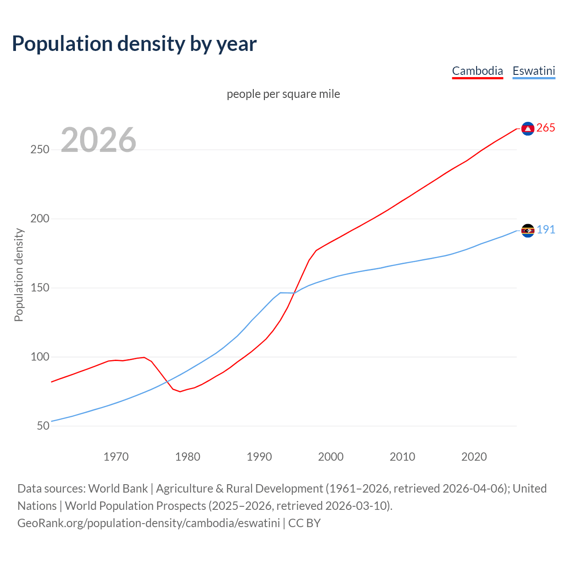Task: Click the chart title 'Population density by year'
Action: pos(134,43)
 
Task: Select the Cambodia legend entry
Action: pos(477,71)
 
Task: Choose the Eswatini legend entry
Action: pos(533,71)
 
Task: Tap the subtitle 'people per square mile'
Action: pos(283,94)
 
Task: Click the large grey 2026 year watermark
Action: pos(98,140)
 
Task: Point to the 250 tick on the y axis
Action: pos(39,150)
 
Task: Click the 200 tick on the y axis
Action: pos(39,219)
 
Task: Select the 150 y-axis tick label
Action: pos(39,288)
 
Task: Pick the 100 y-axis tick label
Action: pos(39,357)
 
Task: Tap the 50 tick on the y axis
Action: pos(43,426)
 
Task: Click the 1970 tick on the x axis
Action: pos(116,457)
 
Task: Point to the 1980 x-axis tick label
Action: pos(188,457)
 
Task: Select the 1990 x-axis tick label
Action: pos(259,457)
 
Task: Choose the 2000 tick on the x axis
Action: pos(331,457)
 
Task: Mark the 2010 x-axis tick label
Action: pos(402,457)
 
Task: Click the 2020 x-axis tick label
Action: pos(474,457)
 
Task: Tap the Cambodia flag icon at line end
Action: pos(528,128)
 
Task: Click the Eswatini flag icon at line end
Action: pos(528,230)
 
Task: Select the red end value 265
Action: pos(545,128)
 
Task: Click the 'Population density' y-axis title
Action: pos(19,275)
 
